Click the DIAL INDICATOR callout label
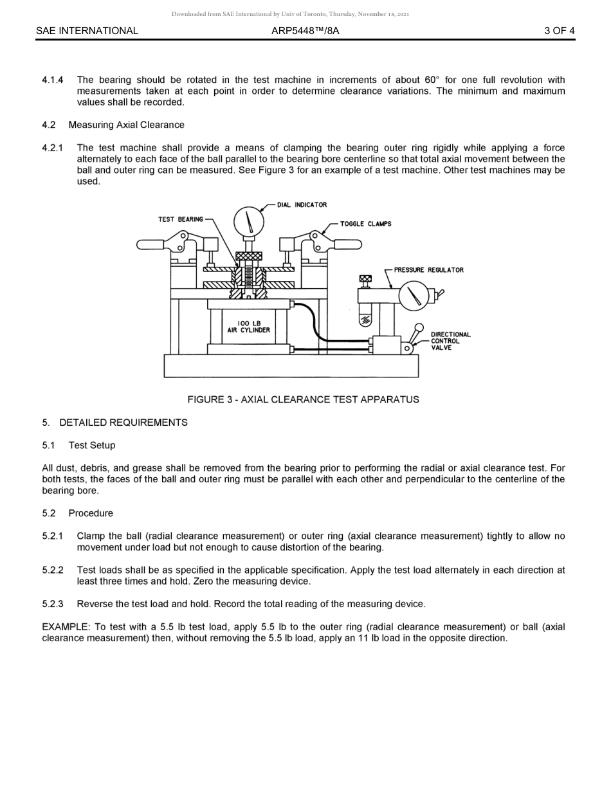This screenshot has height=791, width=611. (x=302, y=205)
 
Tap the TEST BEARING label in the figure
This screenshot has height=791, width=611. (x=180, y=219)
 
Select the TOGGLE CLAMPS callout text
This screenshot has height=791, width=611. (x=365, y=224)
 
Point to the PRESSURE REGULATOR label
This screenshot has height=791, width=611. (x=428, y=270)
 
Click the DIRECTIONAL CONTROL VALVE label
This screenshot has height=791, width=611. (x=450, y=341)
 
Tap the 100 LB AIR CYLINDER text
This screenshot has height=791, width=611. (x=248, y=327)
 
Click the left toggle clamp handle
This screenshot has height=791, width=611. (x=151, y=244)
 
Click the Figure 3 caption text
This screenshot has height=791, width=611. (x=303, y=399)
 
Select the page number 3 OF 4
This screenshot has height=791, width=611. (x=559, y=30)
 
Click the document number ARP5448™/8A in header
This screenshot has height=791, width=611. (x=305, y=30)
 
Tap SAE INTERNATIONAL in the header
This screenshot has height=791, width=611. (x=87, y=30)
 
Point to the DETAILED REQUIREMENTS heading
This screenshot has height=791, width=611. (x=123, y=423)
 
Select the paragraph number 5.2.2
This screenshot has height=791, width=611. (x=53, y=570)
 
